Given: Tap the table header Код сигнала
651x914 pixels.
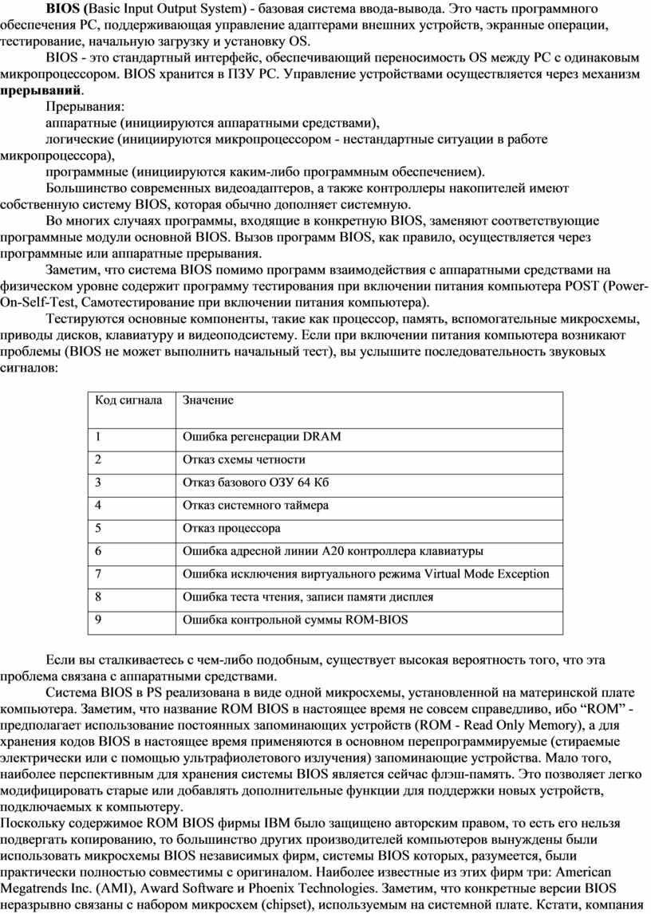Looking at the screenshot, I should point(128,400).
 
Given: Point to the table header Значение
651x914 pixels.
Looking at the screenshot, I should point(209,400).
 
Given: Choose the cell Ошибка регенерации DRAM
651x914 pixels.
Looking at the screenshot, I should point(262,436).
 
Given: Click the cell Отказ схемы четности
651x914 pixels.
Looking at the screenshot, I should point(244,459).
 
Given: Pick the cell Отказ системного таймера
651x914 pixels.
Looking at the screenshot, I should point(256,505).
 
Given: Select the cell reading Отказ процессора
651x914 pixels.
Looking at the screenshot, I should point(232,528).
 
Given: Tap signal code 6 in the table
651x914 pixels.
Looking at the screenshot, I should point(98,551).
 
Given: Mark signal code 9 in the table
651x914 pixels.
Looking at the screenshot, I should point(98,619).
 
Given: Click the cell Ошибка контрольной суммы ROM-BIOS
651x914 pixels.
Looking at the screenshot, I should point(295,619).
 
